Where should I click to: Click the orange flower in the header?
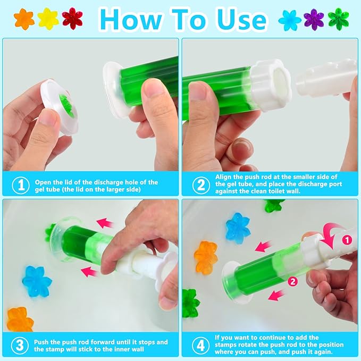24,19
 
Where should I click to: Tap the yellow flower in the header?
48,19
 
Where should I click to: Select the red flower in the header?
72,19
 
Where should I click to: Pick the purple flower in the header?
314,20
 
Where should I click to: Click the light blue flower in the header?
290,20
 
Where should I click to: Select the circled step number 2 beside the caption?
201,185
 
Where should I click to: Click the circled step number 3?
20,346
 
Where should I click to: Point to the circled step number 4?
201,346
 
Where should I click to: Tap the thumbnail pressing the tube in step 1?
153,87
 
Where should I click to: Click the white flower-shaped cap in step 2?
271,85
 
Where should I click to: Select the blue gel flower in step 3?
37,281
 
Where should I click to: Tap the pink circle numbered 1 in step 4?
347,240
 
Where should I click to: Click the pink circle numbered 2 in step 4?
292,281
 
